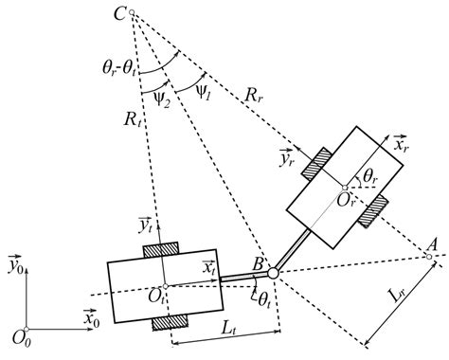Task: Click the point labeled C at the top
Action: click(x=132, y=14)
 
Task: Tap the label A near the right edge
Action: click(x=433, y=243)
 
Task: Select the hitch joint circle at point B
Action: click(x=272, y=273)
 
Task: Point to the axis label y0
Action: click(x=15, y=266)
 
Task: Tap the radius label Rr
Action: click(x=254, y=94)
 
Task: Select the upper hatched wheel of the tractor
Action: click(x=164, y=249)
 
